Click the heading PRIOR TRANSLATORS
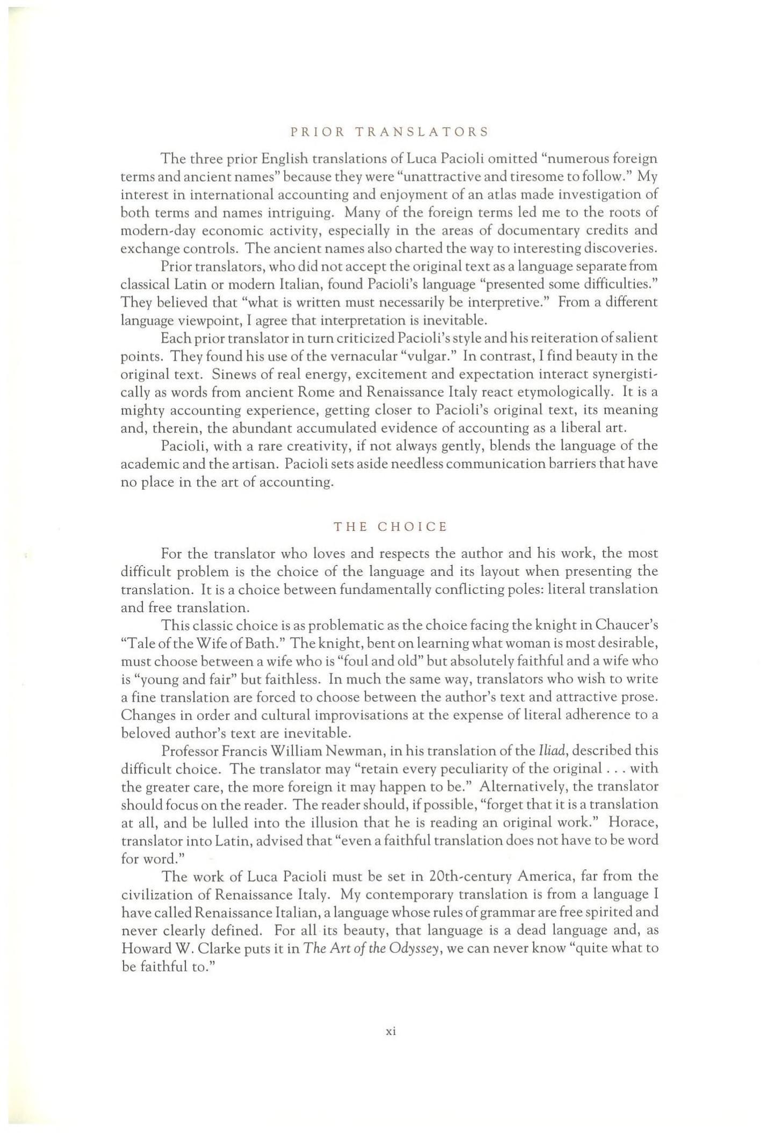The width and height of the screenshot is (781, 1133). (x=390, y=132)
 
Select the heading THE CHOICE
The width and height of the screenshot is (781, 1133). (x=390, y=527)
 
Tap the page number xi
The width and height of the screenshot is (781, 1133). (x=391, y=1031)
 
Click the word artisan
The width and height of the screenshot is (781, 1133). (x=252, y=464)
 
